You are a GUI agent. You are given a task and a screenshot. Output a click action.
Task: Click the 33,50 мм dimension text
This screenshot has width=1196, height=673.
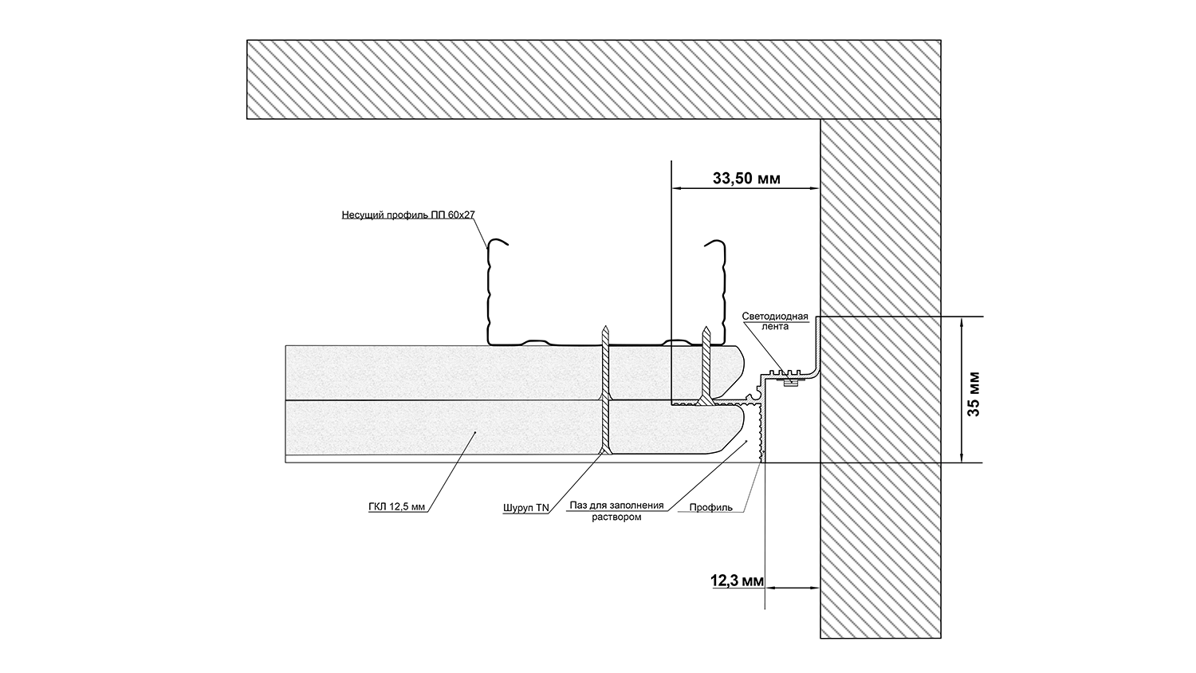point(746,179)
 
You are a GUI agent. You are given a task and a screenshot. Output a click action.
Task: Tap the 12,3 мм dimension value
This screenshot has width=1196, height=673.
point(737,581)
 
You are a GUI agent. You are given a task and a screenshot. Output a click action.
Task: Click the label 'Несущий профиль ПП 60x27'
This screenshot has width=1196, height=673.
point(408,214)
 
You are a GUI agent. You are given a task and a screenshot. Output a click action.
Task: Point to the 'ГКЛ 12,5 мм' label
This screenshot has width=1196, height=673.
point(395,506)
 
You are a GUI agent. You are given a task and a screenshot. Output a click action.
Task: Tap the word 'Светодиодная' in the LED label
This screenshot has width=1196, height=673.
point(775,317)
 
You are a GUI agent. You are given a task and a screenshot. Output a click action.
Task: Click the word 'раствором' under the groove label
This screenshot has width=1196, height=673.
point(616,517)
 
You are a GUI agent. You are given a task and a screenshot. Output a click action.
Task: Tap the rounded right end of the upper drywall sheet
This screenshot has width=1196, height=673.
point(741,371)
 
